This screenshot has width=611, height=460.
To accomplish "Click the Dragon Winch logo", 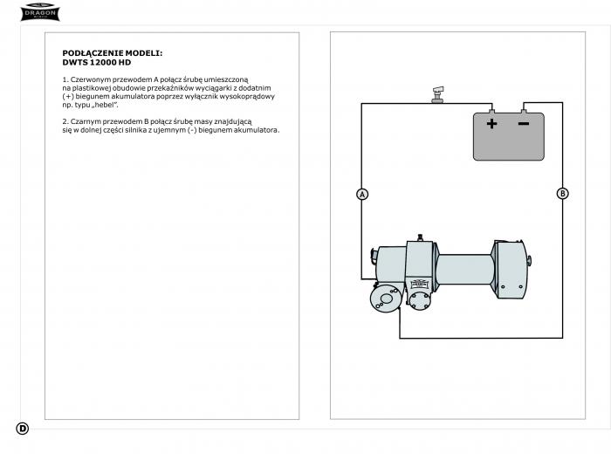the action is (40, 11).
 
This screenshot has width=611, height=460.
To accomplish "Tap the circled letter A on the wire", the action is (362, 194).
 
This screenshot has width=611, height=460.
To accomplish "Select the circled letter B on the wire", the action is (562, 194).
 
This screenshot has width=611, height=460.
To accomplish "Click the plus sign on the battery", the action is (491, 124).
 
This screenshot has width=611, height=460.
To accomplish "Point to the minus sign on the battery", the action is (524, 124).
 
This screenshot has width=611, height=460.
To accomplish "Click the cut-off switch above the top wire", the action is (437, 95).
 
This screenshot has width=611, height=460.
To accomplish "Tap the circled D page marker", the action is (23, 429).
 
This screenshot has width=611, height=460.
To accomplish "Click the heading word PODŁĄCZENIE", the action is (93, 53).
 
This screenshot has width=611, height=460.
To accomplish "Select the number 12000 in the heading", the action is (106, 62).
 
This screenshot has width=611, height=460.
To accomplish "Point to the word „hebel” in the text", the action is (105, 105).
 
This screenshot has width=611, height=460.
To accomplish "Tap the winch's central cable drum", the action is (464, 270).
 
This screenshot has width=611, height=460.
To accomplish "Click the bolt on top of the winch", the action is (420, 237).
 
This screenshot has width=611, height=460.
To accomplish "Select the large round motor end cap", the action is (386, 298).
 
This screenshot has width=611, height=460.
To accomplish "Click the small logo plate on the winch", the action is (419, 283).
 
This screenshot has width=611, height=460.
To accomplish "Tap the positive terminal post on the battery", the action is (491, 111).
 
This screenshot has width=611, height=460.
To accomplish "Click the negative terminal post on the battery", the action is (524, 111).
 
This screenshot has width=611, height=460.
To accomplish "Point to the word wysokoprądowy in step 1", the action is (247, 97).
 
